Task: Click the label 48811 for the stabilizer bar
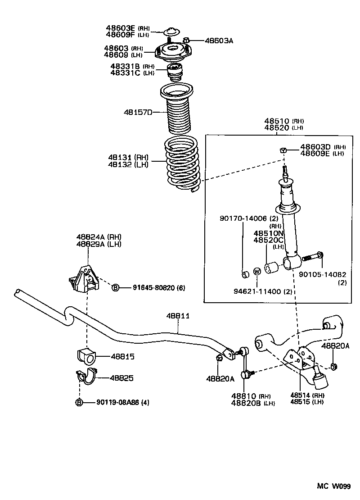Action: pyautogui.click(x=179, y=317)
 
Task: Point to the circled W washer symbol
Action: pyautogui.click(x=257, y=271)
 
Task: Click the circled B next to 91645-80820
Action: pyautogui.click(x=115, y=287)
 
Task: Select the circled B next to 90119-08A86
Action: pyautogui.click(x=79, y=402)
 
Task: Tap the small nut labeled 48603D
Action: pyautogui.click(x=283, y=150)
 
